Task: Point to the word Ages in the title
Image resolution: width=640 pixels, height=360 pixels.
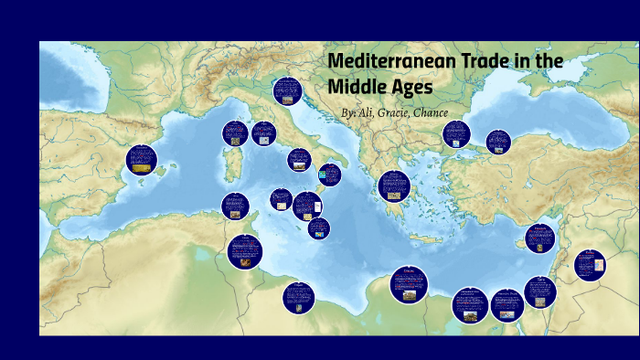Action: coord(411,88)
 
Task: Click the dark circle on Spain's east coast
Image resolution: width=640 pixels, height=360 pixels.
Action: coord(142,159)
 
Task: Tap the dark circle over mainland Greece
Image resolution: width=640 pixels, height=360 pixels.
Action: coord(394,185)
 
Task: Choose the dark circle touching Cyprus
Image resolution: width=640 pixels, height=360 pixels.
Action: coord(539,238)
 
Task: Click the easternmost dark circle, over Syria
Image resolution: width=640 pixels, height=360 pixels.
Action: coord(590,265)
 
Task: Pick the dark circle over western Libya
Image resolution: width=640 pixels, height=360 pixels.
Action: coord(298,297)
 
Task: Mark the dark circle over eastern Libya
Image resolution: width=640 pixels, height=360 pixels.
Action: coord(408,284)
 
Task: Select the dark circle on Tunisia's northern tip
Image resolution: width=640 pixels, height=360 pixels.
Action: coord(235,206)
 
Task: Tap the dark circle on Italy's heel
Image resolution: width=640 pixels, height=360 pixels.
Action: coord(329,174)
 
